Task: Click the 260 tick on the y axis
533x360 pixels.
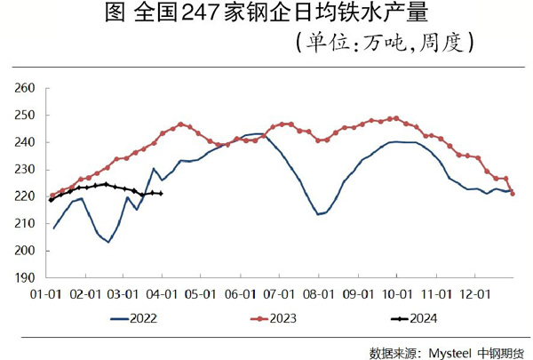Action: point(24,88)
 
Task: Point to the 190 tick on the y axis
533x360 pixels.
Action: point(24,277)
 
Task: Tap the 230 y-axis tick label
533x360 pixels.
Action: point(24,169)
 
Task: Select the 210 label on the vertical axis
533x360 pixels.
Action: point(24,223)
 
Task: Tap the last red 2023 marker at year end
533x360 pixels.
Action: point(513,194)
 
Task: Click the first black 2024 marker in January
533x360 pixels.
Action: point(52,200)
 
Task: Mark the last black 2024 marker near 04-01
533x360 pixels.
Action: point(160,193)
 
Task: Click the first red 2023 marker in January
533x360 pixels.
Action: point(52,196)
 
